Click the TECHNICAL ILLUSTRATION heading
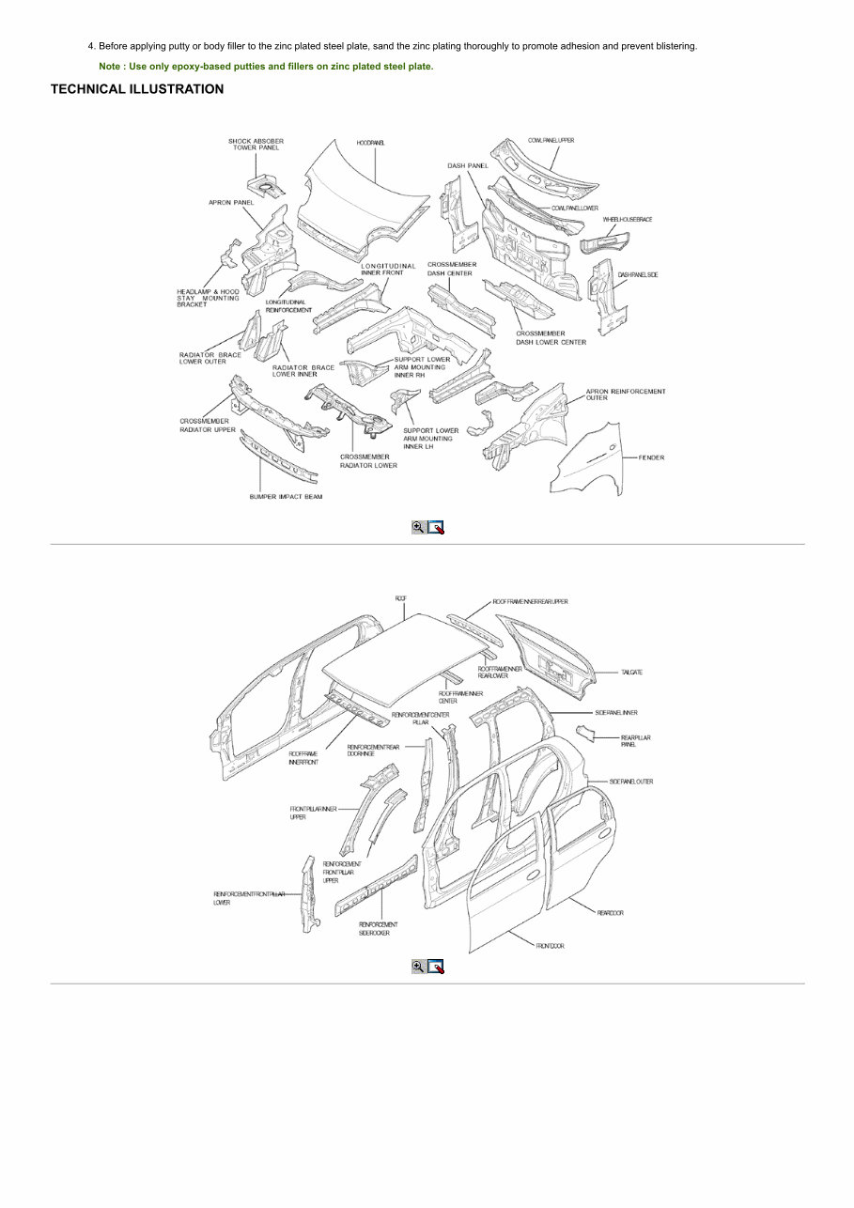click(x=137, y=89)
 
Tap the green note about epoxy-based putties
click(x=266, y=67)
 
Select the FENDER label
click(x=651, y=457)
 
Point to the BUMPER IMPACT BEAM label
click(x=286, y=497)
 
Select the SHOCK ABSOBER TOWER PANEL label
click(x=256, y=145)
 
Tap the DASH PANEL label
click(x=467, y=165)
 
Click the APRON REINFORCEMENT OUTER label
click(x=625, y=395)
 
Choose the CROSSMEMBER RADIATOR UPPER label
click(x=208, y=425)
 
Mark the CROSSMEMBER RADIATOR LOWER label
click(x=368, y=461)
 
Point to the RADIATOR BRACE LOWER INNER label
click(x=303, y=370)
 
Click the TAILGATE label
click(x=631, y=673)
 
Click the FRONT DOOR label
click(x=550, y=946)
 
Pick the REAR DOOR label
click(x=610, y=912)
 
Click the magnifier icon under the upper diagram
click(x=418, y=527)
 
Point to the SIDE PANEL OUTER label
click(x=630, y=782)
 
